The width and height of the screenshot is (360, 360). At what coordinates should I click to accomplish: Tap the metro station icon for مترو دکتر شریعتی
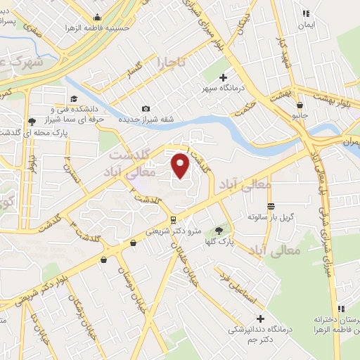coord(173,220)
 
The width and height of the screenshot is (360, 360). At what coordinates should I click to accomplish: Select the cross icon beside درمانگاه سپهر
coord(224,77)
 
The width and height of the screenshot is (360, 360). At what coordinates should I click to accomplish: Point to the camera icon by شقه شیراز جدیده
coord(146,108)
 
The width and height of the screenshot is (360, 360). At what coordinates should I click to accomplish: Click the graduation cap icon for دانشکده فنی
coord(74,99)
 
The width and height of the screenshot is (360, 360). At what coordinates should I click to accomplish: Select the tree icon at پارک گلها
coord(219,230)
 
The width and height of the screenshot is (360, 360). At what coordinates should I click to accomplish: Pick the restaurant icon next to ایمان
coord(305,13)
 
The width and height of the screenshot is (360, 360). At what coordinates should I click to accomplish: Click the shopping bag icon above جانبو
coord(300,105)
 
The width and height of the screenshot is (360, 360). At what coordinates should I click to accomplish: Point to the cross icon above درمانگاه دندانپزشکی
coord(260,319)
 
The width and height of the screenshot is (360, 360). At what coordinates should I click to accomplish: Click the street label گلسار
coord(131,72)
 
